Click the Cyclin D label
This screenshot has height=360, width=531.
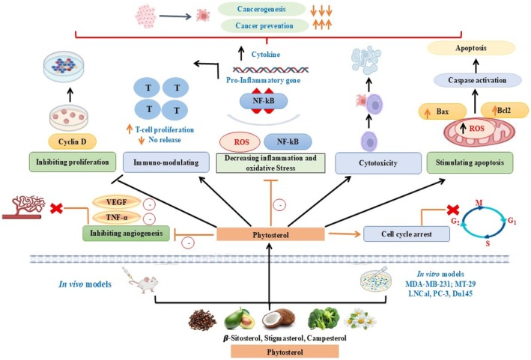(73, 141)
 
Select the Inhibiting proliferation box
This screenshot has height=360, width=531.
(73, 162)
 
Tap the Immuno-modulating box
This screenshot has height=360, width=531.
(166, 162)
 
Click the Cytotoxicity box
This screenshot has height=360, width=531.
(378, 163)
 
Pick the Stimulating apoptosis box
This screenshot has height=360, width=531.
(470, 162)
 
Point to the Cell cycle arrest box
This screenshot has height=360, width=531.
(407, 234)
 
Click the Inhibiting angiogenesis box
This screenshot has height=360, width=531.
(126, 233)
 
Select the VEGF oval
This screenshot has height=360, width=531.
(117, 202)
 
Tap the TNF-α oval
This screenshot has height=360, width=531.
(117, 217)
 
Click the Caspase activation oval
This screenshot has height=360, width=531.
(478, 80)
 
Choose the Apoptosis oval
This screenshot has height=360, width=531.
(471, 48)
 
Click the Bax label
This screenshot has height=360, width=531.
(443, 112)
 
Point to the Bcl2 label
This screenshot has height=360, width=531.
(504, 110)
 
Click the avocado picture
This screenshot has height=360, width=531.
(239, 318)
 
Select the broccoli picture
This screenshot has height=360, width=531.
(323, 317)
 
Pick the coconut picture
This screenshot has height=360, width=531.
(279, 320)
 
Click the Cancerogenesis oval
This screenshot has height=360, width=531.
(261, 9)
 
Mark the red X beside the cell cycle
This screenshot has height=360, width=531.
(452, 210)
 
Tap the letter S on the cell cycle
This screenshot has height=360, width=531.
(488, 243)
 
